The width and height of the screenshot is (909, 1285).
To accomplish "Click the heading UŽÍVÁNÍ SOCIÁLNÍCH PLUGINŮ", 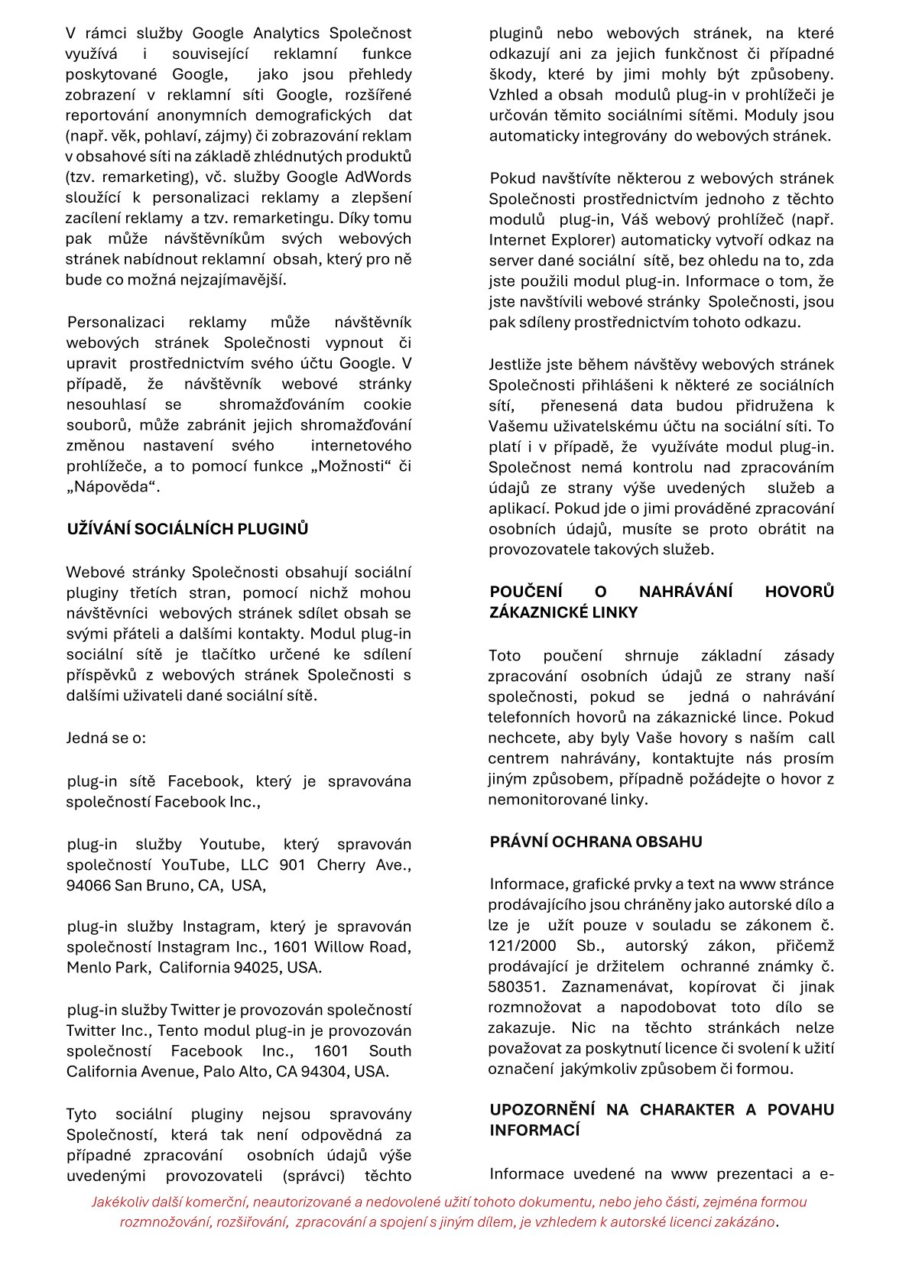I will tap(187, 529).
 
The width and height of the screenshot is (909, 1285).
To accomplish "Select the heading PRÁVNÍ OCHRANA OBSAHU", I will tap(596, 842).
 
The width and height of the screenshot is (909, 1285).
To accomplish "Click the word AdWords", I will tap(379, 177).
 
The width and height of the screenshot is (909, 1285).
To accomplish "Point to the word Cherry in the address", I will tap(340, 865).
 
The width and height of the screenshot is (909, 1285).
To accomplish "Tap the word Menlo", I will tap(88, 967).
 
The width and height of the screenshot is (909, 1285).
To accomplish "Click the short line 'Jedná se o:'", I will tap(106, 738).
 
